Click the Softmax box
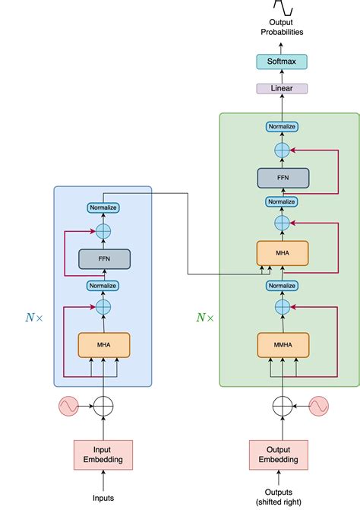click(x=282, y=62)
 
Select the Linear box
click(x=282, y=88)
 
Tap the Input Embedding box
click(x=103, y=455)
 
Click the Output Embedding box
click(x=282, y=455)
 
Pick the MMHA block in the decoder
click(x=282, y=345)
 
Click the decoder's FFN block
click(x=282, y=178)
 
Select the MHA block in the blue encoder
click(x=103, y=345)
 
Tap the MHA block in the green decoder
click(x=282, y=253)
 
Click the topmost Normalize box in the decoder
click(x=282, y=126)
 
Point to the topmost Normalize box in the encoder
click(x=103, y=207)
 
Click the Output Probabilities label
click(x=282, y=27)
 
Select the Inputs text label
click(x=103, y=498)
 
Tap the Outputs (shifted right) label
click(x=282, y=495)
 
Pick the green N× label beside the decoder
click(x=205, y=317)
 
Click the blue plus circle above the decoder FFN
click(x=282, y=150)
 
